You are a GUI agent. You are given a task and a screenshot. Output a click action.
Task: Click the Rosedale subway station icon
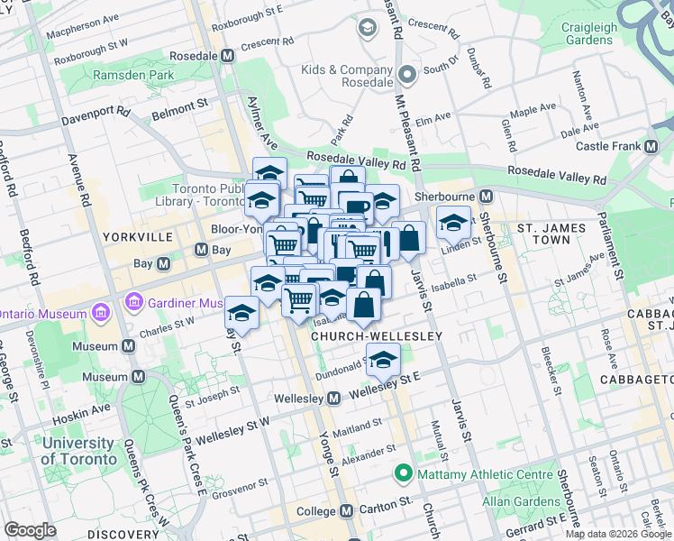point(227,55)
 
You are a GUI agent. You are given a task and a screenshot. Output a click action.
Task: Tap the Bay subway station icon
point(164,263)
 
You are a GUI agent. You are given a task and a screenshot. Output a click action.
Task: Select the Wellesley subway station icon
point(333,398)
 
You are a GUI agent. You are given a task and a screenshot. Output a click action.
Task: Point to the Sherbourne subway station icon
point(486,196)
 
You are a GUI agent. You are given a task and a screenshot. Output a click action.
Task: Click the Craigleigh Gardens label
point(590,33)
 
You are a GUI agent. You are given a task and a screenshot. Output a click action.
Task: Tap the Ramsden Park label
point(133,75)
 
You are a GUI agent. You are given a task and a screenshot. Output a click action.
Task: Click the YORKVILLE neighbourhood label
point(138,237)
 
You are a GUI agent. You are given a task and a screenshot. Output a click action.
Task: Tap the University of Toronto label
point(78,451)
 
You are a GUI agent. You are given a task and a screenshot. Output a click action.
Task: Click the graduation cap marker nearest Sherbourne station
point(453,220)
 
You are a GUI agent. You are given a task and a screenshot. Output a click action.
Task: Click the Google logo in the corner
point(30,530)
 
